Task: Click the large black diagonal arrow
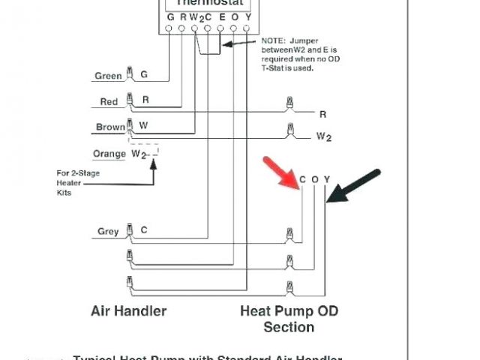[x=356, y=187]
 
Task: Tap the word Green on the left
[x=108, y=76]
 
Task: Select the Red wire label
[x=109, y=101]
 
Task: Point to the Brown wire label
[x=110, y=127]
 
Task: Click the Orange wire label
[x=109, y=154]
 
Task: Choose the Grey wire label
[x=108, y=231]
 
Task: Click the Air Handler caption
[x=129, y=310]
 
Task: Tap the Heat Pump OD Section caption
[x=289, y=319]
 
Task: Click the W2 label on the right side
[x=324, y=136]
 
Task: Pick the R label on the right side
[x=323, y=114]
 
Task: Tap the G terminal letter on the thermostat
[x=170, y=16]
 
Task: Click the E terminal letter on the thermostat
[x=220, y=16]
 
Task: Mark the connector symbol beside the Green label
[x=130, y=73]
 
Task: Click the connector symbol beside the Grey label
[x=130, y=229]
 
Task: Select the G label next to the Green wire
[x=144, y=75]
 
